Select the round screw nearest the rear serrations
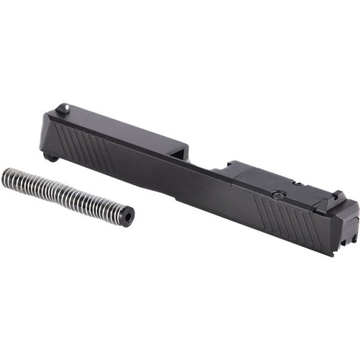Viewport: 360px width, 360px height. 276,194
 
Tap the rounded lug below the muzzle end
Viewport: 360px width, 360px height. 50,156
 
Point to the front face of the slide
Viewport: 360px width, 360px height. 45,137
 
